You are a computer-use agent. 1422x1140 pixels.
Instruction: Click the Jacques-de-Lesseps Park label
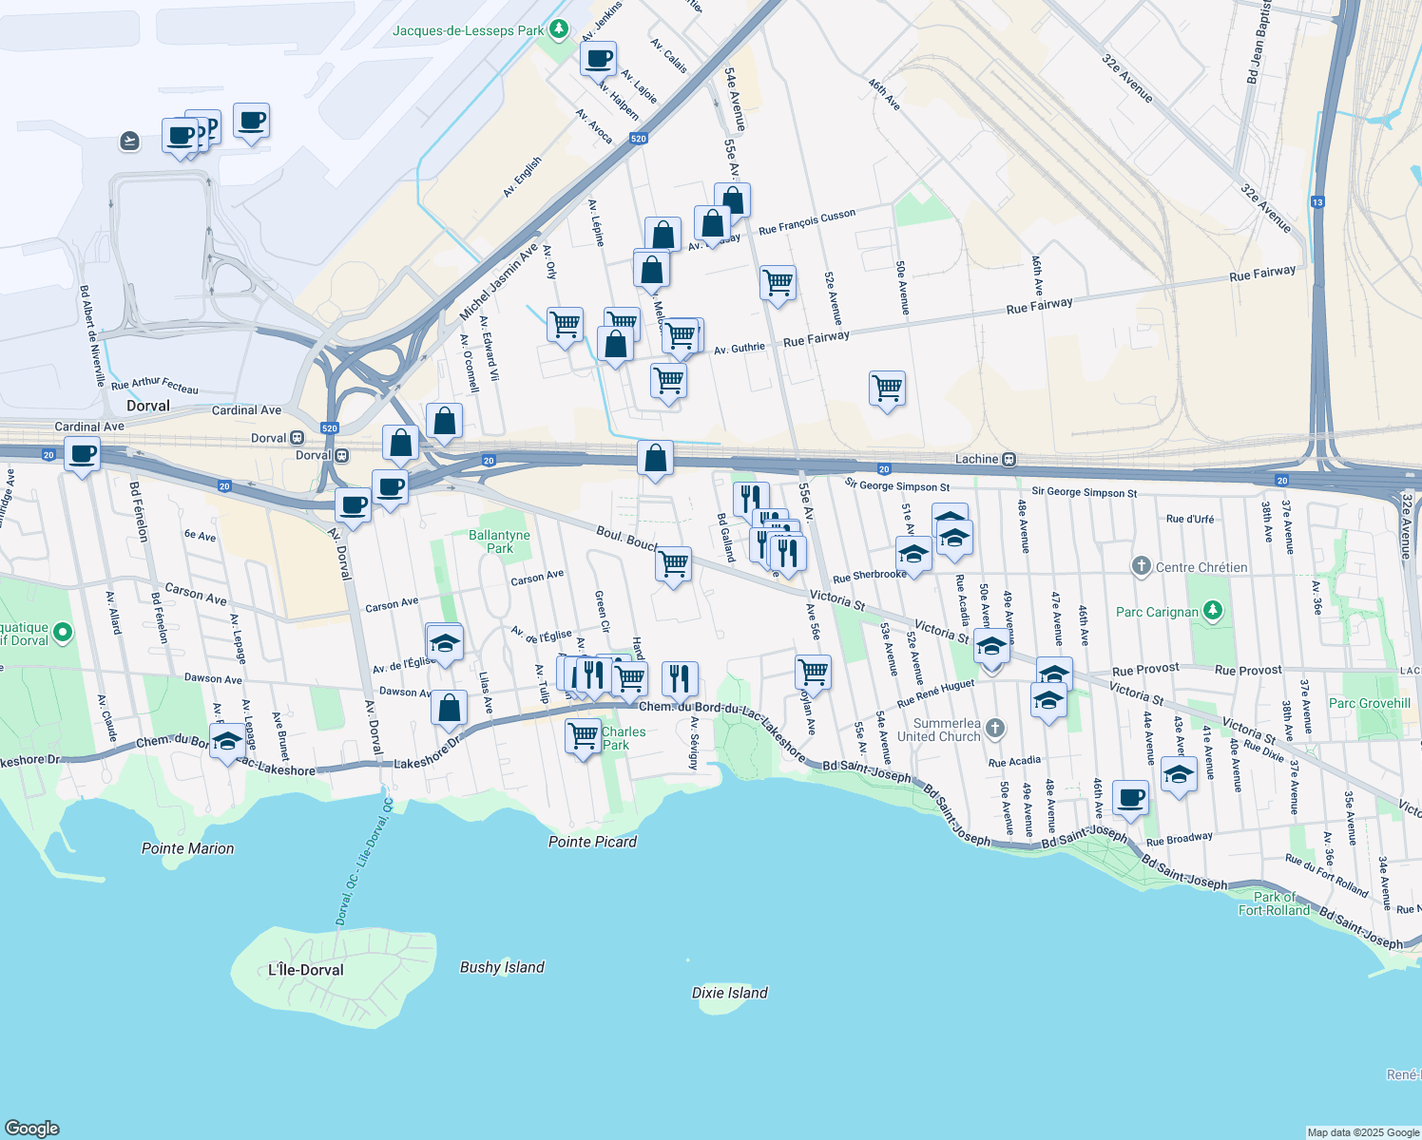click(x=469, y=30)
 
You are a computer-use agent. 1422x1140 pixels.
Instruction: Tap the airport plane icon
click(x=130, y=142)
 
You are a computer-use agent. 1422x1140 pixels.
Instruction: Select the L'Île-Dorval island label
click(x=305, y=970)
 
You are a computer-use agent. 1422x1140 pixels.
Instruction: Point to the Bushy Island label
click(x=502, y=967)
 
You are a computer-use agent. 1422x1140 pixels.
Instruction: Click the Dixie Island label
click(x=729, y=993)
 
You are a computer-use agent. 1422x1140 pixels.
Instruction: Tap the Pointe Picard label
click(x=592, y=842)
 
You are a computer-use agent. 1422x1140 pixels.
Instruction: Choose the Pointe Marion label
click(x=187, y=848)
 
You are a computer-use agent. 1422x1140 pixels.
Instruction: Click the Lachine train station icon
click(x=1009, y=460)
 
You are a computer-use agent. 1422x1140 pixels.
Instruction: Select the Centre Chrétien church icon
click(x=1142, y=566)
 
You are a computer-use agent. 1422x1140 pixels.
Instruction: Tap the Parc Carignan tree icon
click(x=1213, y=611)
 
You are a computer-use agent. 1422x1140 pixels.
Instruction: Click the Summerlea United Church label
click(x=938, y=730)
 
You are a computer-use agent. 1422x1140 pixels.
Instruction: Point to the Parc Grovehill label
click(x=1370, y=703)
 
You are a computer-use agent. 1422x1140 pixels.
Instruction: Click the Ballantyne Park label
click(x=499, y=541)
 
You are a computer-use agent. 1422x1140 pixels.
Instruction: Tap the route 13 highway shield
click(x=1317, y=201)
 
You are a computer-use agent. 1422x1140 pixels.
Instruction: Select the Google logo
click(x=31, y=1128)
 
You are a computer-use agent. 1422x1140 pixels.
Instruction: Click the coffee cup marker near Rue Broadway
click(x=1130, y=798)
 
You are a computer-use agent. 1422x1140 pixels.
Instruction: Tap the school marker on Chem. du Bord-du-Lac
click(x=227, y=742)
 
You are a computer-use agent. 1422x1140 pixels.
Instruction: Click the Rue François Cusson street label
click(x=807, y=222)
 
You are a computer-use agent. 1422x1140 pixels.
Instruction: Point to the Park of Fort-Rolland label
click(x=1275, y=903)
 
